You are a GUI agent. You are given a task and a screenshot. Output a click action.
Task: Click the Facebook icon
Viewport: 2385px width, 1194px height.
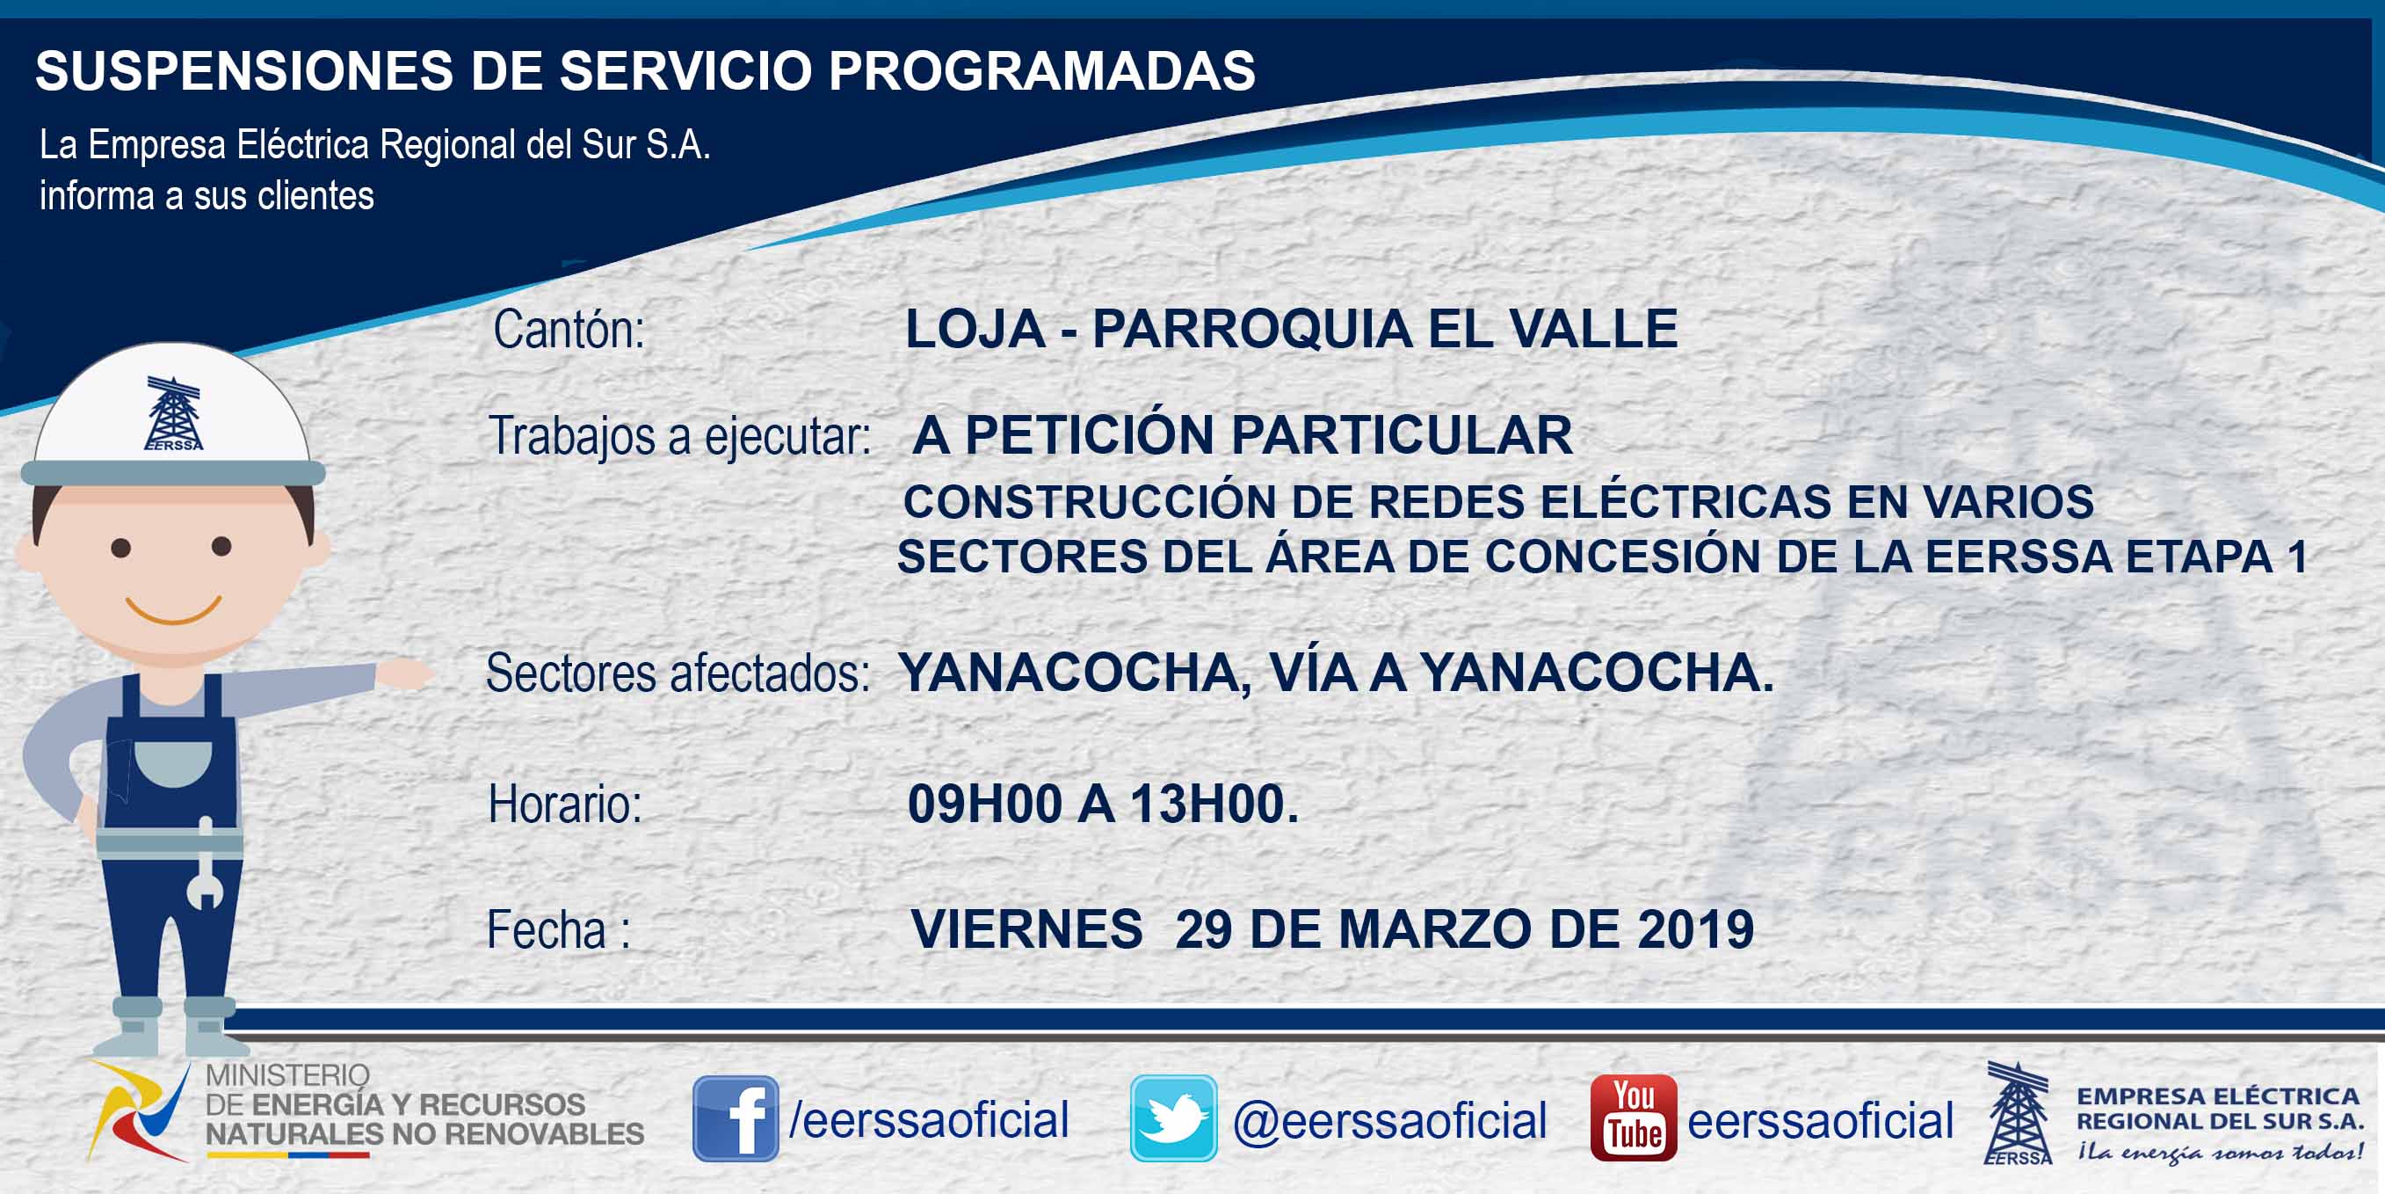[x=736, y=1118]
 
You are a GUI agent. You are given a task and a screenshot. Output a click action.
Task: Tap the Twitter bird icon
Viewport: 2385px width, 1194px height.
[x=1173, y=1118]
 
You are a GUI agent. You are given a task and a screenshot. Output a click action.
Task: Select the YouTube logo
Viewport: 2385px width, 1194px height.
[x=1633, y=1118]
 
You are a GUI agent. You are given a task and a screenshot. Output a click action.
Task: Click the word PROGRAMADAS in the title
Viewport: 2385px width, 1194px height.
[x=1041, y=70]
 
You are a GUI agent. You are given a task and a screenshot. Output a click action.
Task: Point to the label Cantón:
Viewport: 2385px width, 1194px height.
[x=569, y=329]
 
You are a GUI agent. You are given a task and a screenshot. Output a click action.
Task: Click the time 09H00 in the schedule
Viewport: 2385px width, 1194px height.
[x=984, y=803]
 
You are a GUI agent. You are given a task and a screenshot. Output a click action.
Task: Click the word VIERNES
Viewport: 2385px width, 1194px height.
[x=1026, y=929]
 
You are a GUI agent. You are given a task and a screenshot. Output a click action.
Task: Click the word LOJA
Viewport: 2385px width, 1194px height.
[x=975, y=329]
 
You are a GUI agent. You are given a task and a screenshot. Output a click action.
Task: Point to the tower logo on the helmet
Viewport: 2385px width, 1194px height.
[x=173, y=413]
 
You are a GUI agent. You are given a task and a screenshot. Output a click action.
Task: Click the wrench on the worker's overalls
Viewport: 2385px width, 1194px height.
[x=206, y=863]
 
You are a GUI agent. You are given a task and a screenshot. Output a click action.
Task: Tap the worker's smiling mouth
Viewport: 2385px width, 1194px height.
[x=173, y=610]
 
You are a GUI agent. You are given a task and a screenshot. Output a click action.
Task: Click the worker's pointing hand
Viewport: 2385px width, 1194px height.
[x=404, y=673]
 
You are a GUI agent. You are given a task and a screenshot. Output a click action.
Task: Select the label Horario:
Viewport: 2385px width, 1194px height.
[x=565, y=803]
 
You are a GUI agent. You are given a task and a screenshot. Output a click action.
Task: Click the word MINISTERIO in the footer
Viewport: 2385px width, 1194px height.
[x=287, y=1075]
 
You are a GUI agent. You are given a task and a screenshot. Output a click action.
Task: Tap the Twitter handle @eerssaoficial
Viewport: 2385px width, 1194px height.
[x=1389, y=1121]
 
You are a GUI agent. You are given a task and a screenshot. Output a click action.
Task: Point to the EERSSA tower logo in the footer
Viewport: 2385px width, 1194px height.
[x=2018, y=1112]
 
